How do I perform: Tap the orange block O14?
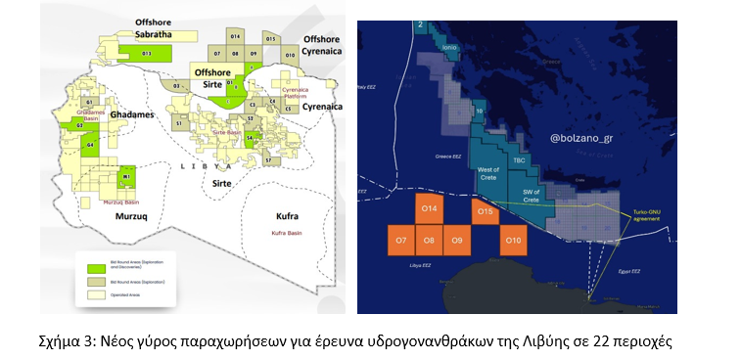click(x=429, y=210)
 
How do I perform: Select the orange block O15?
click(x=485, y=210)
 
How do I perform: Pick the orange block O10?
click(x=512, y=240)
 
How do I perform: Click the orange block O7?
click(x=400, y=240)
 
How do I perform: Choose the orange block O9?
click(x=456, y=240)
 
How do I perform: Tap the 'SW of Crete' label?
click(x=533, y=196)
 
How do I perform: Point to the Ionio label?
click(x=449, y=46)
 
